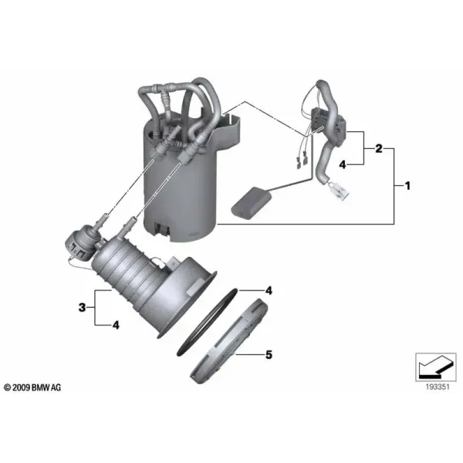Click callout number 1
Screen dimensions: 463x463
[x=407, y=186]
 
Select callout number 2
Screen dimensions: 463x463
[x=379, y=148]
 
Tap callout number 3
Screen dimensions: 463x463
[x=82, y=307]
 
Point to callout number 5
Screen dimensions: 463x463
[x=269, y=354]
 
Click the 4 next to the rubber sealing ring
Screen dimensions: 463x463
[x=269, y=291]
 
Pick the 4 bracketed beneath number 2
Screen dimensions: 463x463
[x=342, y=164]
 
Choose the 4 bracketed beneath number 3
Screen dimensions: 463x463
[x=116, y=325]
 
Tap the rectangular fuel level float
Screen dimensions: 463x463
[x=251, y=201]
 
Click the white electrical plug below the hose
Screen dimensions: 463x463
[x=339, y=191]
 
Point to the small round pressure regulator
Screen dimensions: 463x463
[x=80, y=241]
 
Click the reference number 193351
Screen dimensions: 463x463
[x=438, y=387]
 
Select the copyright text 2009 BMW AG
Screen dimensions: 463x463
[x=32, y=387]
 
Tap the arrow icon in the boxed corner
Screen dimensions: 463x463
[x=436, y=366]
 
